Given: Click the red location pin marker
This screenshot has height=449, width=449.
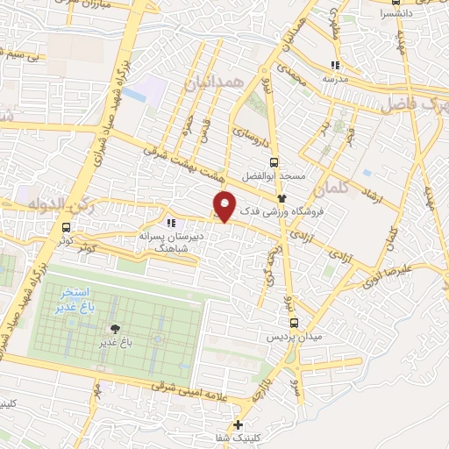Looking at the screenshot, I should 224,205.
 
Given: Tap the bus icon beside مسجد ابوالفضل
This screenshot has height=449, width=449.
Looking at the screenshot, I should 273,162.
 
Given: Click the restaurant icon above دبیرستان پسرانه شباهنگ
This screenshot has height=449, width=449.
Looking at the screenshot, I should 172,223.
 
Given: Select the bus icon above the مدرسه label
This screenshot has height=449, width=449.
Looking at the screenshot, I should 334,64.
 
